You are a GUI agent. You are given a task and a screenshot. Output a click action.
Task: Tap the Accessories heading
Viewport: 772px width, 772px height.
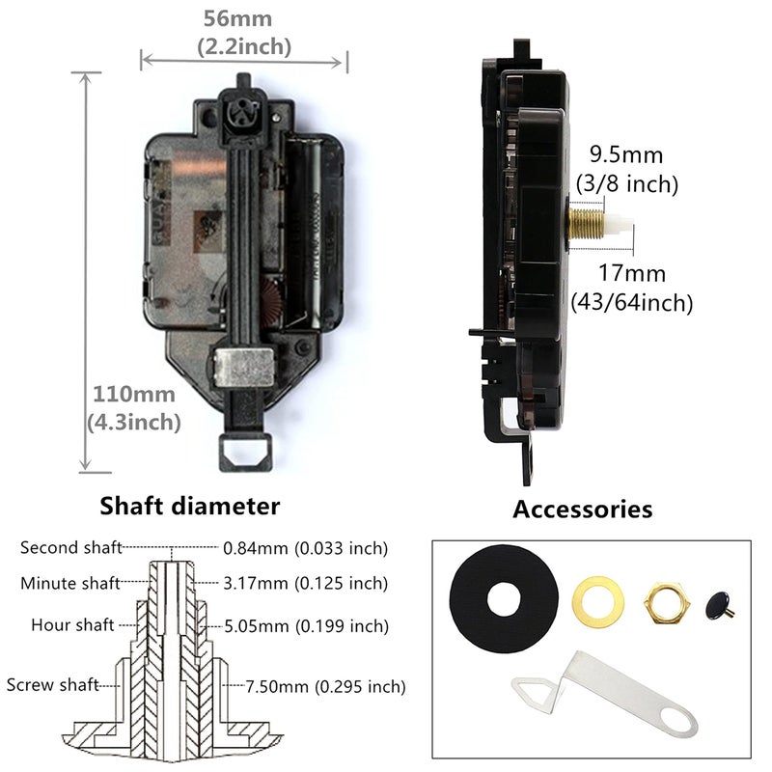tap(582, 509)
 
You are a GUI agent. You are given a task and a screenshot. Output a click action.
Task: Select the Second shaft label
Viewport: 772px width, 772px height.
tap(70, 548)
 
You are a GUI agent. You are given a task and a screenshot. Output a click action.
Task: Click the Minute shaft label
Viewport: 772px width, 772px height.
tap(70, 583)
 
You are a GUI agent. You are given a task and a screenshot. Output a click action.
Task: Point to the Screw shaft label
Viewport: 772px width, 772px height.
tap(53, 685)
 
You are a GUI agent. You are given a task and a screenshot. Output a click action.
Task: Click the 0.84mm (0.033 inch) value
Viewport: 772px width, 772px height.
tap(305, 548)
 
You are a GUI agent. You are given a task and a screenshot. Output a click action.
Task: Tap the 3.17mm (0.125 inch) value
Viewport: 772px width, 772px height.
tap(305, 583)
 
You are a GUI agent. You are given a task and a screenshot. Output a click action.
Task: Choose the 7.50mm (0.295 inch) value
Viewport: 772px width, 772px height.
tap(314, 686)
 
